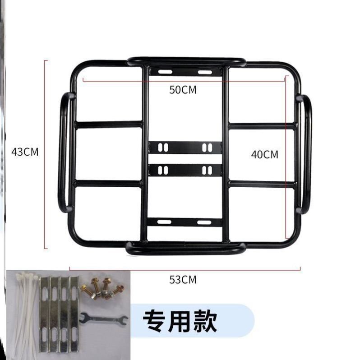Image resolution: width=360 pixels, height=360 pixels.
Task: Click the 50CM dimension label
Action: point(183,89)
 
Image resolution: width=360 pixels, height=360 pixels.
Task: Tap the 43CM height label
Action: point(25,152)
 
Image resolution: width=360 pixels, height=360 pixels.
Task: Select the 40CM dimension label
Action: point(265,154)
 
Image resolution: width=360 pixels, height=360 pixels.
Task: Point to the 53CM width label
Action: point(183,280)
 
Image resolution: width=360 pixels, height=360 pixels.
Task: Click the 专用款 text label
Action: point(180,321)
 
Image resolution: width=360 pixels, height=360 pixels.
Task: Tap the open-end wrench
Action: point(103,319)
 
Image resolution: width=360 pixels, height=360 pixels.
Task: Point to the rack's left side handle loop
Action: point(64,152)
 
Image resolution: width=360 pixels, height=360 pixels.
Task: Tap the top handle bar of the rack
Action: point(186,61)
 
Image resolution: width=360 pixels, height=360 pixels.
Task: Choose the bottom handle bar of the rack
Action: point(185,247)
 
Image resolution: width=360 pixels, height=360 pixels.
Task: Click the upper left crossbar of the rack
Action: point(108,124)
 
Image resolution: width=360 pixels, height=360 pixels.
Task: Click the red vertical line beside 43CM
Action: point(45,153)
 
